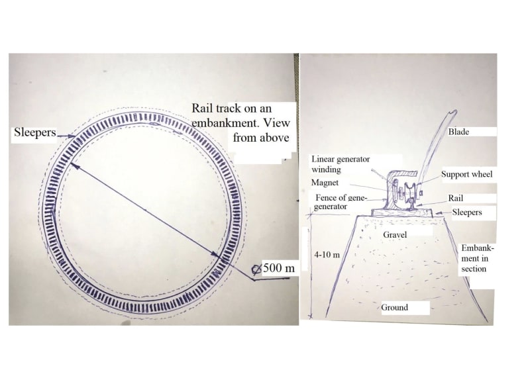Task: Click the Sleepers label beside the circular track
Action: pyautogui.click(x=35, y=132)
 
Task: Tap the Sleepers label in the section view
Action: pyautogui.click(x=467, y=212)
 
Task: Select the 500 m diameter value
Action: pyautogui.click(x=279, y=268)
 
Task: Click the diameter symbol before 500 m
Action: pyautogui.click(x=256, y=269)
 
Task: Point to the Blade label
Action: pyautogui.click(x=458, y=132)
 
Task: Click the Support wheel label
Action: pyautogui.click(x=467, y=174)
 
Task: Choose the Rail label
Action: pyautogui.click(x=456, y=198)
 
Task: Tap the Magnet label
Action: pyautogui.click(x=325, y=183)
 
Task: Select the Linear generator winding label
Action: pyautogui.click(x=341, y=164)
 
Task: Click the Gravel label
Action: pyautogui.click(x=394, y=234)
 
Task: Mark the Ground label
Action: pyautogui.click(x=394, y=307)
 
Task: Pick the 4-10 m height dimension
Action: pyautogui.click(x=327, y=255)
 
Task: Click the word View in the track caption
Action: pyautogui.click(x=276, y=122)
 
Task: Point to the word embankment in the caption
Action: pyautogui.click(x=225, y=123)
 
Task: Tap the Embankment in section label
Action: pyautogui.click(x=477, y=258)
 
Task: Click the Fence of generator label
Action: pyautogui.click(x=340, y=202)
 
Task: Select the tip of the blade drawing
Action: pyautogui.click(x=454, y=111)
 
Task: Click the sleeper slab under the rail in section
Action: pyautogui.click(x=401, y=213)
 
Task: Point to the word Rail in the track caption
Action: pyautogui.click(x=203, y=109)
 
